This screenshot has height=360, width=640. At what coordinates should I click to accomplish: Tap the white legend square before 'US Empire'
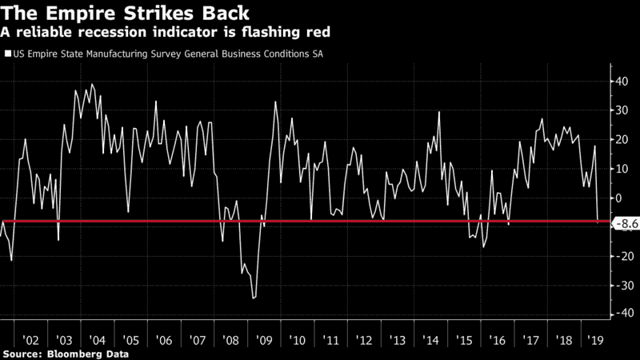(x=8, y=54)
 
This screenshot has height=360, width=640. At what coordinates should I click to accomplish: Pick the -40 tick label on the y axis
(x=620, y=314)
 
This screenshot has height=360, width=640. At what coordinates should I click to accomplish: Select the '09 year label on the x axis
(x=262, y=338)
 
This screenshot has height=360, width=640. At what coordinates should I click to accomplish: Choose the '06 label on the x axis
(x=163, y=338)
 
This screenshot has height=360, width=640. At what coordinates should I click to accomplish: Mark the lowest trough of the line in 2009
(x=254, y=298)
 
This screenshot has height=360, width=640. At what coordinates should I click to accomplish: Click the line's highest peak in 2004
(x=91, y=84)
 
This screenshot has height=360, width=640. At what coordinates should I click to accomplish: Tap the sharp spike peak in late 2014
(x=439, y=112)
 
